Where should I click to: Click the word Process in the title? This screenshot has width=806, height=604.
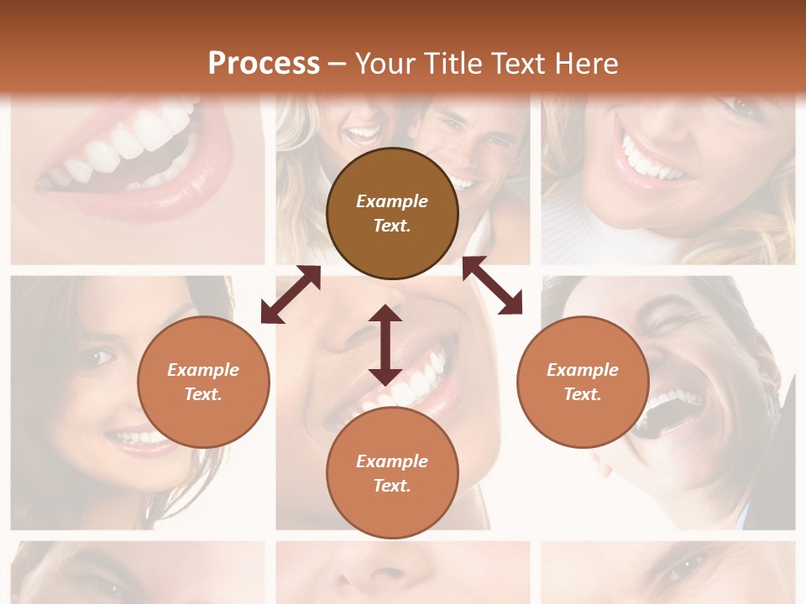(x=264, y=64)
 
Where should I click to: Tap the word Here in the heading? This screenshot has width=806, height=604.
(x=584, y=64)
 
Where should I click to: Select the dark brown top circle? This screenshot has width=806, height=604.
(x=392, y=214)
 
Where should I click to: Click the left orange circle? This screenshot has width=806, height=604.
(x=203, y=382)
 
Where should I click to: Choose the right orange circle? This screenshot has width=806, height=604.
(x=583, y=382)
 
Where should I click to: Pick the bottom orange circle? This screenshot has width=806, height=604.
(x=392, y=473)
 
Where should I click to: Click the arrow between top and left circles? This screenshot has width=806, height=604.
(x=290, y=294)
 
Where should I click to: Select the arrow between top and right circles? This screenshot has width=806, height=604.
(x=493, y=286)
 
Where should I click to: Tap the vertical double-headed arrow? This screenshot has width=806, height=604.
(x=385, y=345)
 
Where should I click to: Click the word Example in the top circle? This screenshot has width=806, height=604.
(x=392, y=201)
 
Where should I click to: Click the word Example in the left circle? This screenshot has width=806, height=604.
(x=203, y=370)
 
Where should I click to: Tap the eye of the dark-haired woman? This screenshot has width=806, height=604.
(x=99, y=358)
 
